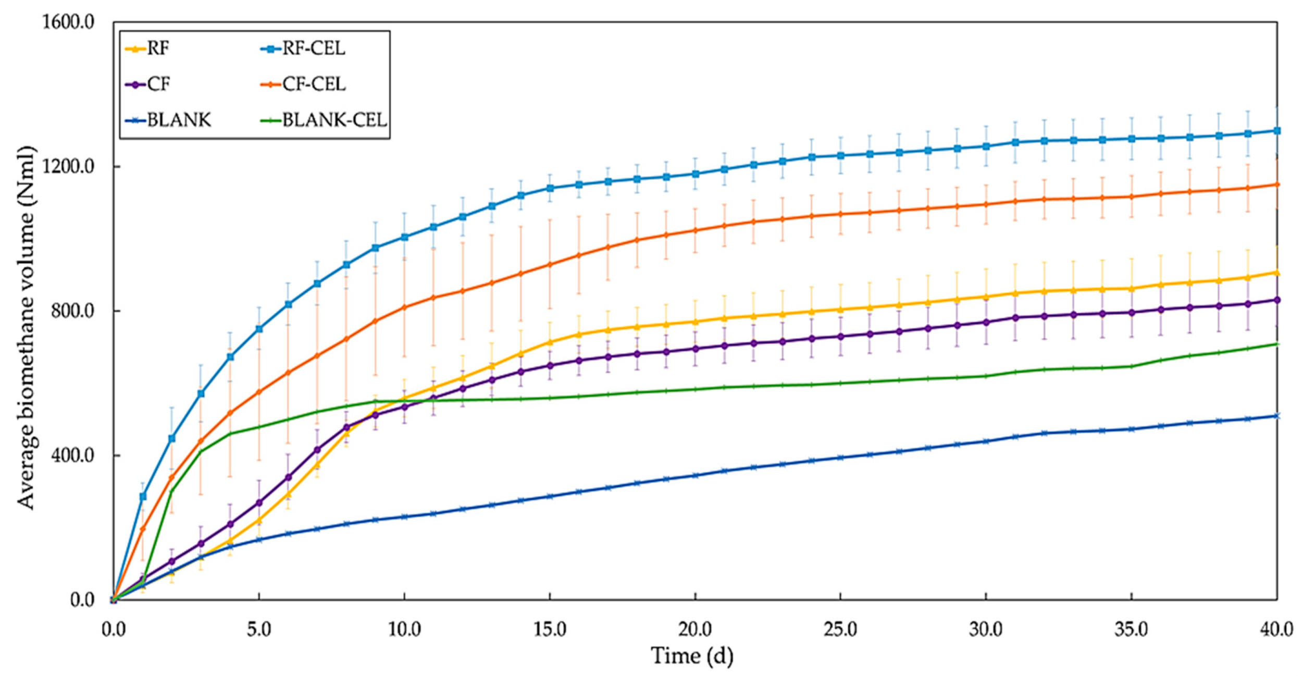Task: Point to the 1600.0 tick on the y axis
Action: coord(68,22)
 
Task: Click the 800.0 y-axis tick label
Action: coord(72,311)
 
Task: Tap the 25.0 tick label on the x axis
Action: coord(840,630)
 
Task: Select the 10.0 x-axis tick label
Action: coord(404,630)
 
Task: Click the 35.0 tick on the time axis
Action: coord(1131,630)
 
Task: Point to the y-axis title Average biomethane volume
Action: coord(26,327)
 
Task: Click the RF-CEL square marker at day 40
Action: coord(1277,131)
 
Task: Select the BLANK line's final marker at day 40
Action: coord(1277,416)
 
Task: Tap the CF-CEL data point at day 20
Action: coord(695,230)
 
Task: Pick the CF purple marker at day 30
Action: coord(986,322)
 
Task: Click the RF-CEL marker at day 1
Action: coord(143,496)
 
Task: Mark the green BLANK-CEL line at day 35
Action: coord(1131,366)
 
